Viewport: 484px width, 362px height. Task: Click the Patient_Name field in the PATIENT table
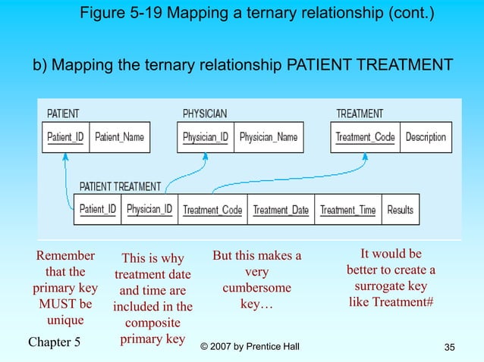pyautogui.click(x=119, y=138)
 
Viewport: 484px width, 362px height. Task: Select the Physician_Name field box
pyautogui.click(x=269, y=138)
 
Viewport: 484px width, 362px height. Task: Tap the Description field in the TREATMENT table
pyautogui.click(x=426, y=138)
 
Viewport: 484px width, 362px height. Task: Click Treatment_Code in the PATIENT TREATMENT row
pyautogui.click(x=212, y=210)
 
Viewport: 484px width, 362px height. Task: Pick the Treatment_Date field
pyautogui.click(x=281, y=210)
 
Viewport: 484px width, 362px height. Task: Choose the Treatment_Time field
pyautogui.click(x=347, y=210)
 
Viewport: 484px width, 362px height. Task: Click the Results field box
pyautogui.click(x=400, y=210)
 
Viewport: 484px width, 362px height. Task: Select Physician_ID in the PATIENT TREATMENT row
pyautogui.click(x=149, y=210)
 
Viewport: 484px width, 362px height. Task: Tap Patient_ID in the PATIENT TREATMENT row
pyautogui.click(x=98, y=210)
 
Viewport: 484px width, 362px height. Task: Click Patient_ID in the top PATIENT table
pyautogui.click(x=65, y=138)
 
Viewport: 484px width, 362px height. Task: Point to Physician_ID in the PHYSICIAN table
pyautogui.click(x=206, y=138)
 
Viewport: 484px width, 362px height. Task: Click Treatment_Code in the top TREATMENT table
pyautogui.click(x=365, y=138)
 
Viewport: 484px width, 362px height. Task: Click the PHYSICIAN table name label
pyautogui.click(x=205, y=114)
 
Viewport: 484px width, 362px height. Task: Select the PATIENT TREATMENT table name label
pyautogui.click(x=120, y=186)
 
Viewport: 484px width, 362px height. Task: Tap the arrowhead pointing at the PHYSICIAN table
pyautogui.click(x=205, y=158)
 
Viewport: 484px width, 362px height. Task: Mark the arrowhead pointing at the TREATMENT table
pyautogui.click(x=365, y=158)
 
